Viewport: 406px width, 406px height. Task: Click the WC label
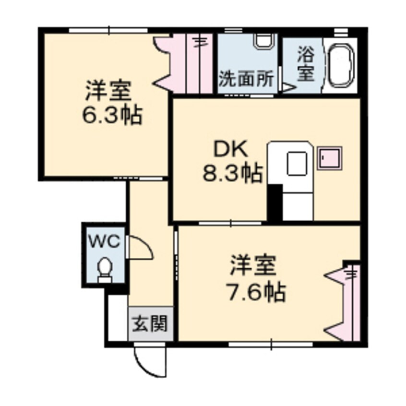point(103,242)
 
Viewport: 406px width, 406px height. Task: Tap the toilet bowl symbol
point(104,269)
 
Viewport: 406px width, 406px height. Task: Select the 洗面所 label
point(247,78)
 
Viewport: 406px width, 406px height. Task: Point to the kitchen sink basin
point(297,164)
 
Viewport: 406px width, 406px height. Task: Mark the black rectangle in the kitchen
point(275,202)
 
